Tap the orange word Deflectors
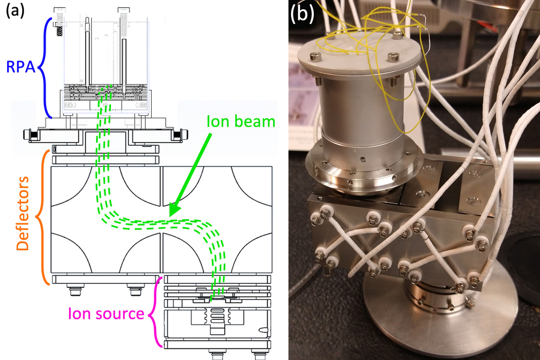23,215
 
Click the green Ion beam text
239,122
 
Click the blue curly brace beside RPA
45,66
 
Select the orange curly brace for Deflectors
44,216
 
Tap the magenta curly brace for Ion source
157,311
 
